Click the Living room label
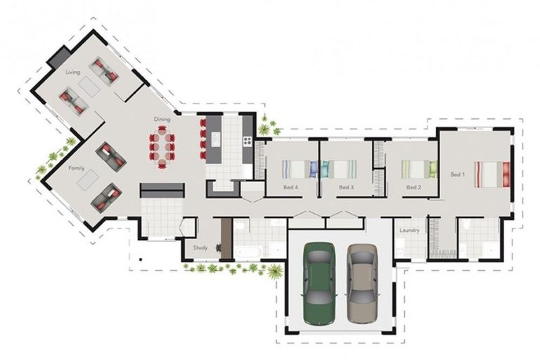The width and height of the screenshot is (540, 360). (x=72, y=72)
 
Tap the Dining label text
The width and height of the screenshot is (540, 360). (x=162, y=120)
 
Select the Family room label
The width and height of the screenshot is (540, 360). (x=77, y=169)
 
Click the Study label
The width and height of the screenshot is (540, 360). (x=200, y=247)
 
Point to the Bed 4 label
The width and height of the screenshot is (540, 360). (x=290, y=188)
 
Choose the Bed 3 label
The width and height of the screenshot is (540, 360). (x=345, y=188)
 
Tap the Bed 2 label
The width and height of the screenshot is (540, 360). (x=413, y=188)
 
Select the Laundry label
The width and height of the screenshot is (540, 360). (x=409, y=231)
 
